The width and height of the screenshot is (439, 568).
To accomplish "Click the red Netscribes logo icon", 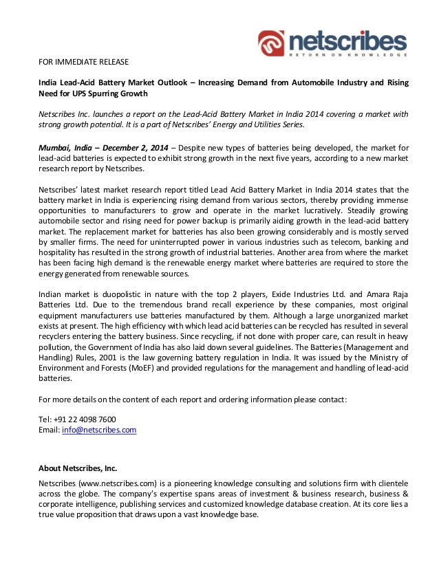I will point(271,43).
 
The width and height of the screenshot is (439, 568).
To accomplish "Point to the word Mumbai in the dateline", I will point(55,146).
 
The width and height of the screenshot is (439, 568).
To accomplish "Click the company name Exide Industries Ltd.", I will point(318,295).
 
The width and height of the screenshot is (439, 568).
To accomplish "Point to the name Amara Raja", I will point(388,295).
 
